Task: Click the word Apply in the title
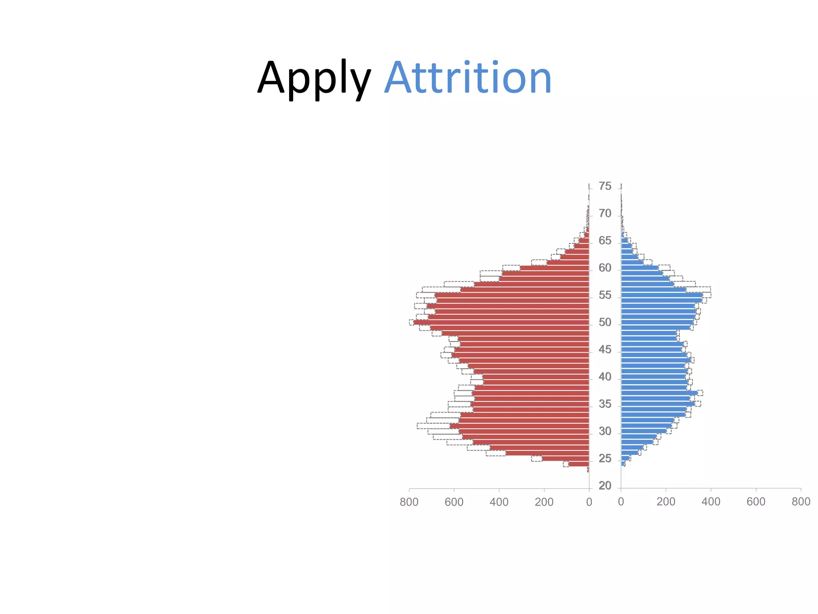[314, 78]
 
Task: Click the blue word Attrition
[468, 78]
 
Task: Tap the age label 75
[605, 186]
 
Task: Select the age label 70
[605, 214]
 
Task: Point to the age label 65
[605, 241]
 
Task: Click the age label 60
[605, 268]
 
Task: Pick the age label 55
[605, 295]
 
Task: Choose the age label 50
[605, 323]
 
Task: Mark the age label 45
[605, 350]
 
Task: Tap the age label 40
[605, 377]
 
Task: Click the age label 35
[605, 405]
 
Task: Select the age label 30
[605, 432]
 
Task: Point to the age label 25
[605, 459]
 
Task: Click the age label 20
[605, 486]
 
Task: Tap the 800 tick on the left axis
[409, 502]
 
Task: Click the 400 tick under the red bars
[499, 502]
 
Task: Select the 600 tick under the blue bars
[756, 502]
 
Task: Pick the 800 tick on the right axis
[801, 502]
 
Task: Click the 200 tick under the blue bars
[666, 502]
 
